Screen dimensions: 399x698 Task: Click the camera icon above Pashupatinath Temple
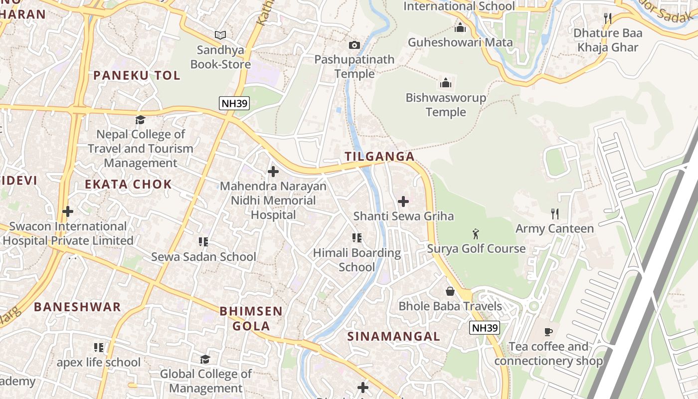coord(354,45)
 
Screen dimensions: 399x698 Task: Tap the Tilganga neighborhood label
coord(379,157)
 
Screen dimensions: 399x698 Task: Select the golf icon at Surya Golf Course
coord(476,233)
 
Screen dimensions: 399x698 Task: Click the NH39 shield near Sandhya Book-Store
coord(234,104)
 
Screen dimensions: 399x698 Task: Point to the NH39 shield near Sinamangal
coord(485,328)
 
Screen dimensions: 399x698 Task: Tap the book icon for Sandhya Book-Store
coord(220,35)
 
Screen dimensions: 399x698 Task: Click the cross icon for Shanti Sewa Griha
coord(403,201)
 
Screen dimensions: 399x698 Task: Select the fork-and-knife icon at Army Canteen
coord(554,214)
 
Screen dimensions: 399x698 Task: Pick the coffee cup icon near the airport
coord(548,332)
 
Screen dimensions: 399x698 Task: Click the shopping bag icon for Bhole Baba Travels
coord(450,291)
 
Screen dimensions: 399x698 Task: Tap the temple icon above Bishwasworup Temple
coord(445,83)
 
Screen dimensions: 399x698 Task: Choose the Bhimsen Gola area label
coord(251,319)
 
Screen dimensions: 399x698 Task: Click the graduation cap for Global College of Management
coord(205,359)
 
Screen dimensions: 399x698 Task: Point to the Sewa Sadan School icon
coord(203,242)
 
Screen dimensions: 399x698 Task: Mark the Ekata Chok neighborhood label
coord(128,184)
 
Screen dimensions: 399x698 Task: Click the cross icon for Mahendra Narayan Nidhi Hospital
coord(273,172)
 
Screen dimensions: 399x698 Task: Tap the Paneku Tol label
coord(137,76)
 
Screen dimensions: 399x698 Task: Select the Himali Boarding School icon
coord(356,238)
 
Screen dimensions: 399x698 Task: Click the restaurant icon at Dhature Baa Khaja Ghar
coord(607,18)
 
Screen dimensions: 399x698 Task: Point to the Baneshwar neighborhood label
coord(77,307)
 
